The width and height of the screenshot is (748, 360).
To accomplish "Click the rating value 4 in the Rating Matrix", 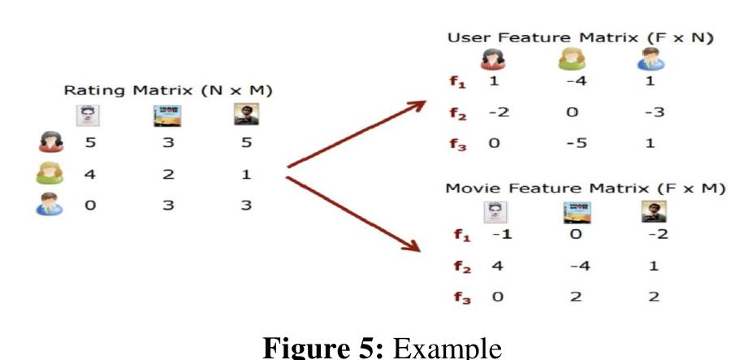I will [x=90, y=174].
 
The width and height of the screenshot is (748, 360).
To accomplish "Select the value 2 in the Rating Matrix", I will [x=167, y=174].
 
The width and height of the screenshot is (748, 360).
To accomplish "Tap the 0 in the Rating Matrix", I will [x=90, y=206].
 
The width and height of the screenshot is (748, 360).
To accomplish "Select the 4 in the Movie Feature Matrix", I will [x=495, y=267].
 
